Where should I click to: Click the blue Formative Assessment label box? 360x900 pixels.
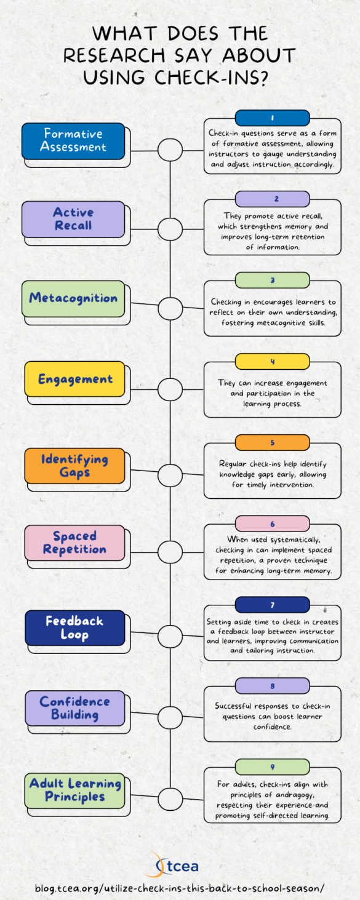pyautogui.click(x=73, y=141)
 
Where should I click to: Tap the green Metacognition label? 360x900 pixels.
pyautogui.click(x=73, y=298)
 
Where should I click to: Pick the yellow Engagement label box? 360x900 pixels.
pyautogui.click(x=74, y=379)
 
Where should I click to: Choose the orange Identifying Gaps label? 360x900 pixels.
pyautogui.click(x=74, y=466)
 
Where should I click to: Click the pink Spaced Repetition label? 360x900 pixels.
pyautogui.click(x=74, y=543)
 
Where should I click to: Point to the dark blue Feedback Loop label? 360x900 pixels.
pyautogui.click(x=74, y=627)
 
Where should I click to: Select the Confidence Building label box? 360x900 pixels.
pyautogui.click(x=74, y=707)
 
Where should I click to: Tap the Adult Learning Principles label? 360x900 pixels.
pyautogui.click(x=74, y=790)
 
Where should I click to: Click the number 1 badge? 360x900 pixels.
pyautogui.click(x=272, y=117)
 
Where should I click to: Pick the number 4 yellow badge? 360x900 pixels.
pyautogui.click(x=272, y=361)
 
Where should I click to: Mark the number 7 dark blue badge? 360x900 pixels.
pyautogui.click(x=272, y=604)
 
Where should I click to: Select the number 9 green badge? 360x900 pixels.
pyautogui.click(x=272, y=767)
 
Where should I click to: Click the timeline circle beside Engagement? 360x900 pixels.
pyautogui.click(x=170, y=389)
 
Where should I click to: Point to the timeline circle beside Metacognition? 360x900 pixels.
pyautogui.click(x=170, y=308)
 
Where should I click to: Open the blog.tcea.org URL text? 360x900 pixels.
pyautogui.click(x=179, y=888)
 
